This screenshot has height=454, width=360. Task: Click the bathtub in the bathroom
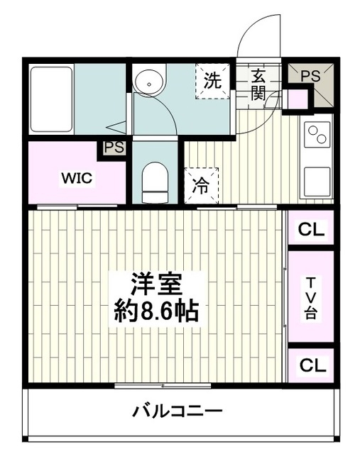(x=51, y=99)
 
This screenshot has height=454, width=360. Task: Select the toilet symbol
(x=155, y=182)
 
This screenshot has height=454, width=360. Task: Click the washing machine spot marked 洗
(x=212, y=82)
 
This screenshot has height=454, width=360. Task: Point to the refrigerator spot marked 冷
(x=201, y=186)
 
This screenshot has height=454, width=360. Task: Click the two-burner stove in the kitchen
(x=317, y=135)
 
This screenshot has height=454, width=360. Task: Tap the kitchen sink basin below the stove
(x=317, y=182)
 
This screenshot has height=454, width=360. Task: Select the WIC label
(x=77, y=178)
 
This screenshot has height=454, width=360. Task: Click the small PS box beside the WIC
(x=114, y=148)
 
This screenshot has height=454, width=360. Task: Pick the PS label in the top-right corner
(x=310, y=76)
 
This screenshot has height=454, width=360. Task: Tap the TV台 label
(x=311, y=298)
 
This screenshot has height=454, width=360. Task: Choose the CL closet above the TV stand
(x=311, y=229)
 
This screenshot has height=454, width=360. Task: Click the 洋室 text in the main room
(x=156, y=284)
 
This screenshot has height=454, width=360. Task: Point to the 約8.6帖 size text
(x=156, y=311)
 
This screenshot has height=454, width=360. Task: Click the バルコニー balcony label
(x=178, y=411)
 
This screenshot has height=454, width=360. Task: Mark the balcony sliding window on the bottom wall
(x=163, y=386)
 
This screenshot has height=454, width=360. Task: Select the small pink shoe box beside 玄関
(x=298, y=99)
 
